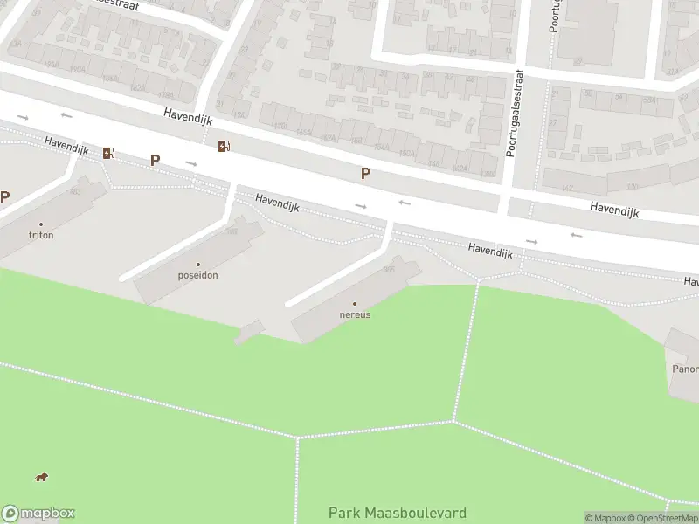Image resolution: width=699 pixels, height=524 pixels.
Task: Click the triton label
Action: click(x=41, y=235)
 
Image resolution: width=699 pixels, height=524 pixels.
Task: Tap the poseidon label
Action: click(x=197, y=275)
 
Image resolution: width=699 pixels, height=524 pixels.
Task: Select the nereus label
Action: click(x=355, y=314)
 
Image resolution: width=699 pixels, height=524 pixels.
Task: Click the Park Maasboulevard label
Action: click(x=398, y=513)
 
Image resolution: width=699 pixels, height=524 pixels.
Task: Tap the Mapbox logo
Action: click(x=38, y=514)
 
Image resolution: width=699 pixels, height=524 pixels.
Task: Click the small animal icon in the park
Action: click(x=41, y=477)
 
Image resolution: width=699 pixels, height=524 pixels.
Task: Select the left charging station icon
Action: click(x=107, y=153)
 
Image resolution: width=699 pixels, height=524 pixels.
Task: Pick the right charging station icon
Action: click(x=224, y=146)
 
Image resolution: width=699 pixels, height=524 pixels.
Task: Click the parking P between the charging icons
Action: click(x=156, y=160)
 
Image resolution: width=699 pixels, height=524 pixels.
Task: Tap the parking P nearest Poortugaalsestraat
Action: click(x=365, y=174)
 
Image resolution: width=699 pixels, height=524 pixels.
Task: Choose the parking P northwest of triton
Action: click(x=4, y=197)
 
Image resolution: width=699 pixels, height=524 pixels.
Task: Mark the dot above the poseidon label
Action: click(x=197, y=265)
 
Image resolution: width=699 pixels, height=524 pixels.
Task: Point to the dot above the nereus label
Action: click(x=355, y=304)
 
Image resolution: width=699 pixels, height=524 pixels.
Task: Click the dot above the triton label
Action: click(x=41, y=224)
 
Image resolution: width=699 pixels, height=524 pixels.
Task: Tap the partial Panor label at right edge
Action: click(x=684, y=369)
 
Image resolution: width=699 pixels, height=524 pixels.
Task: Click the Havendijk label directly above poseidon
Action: click(x=278, y=203)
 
